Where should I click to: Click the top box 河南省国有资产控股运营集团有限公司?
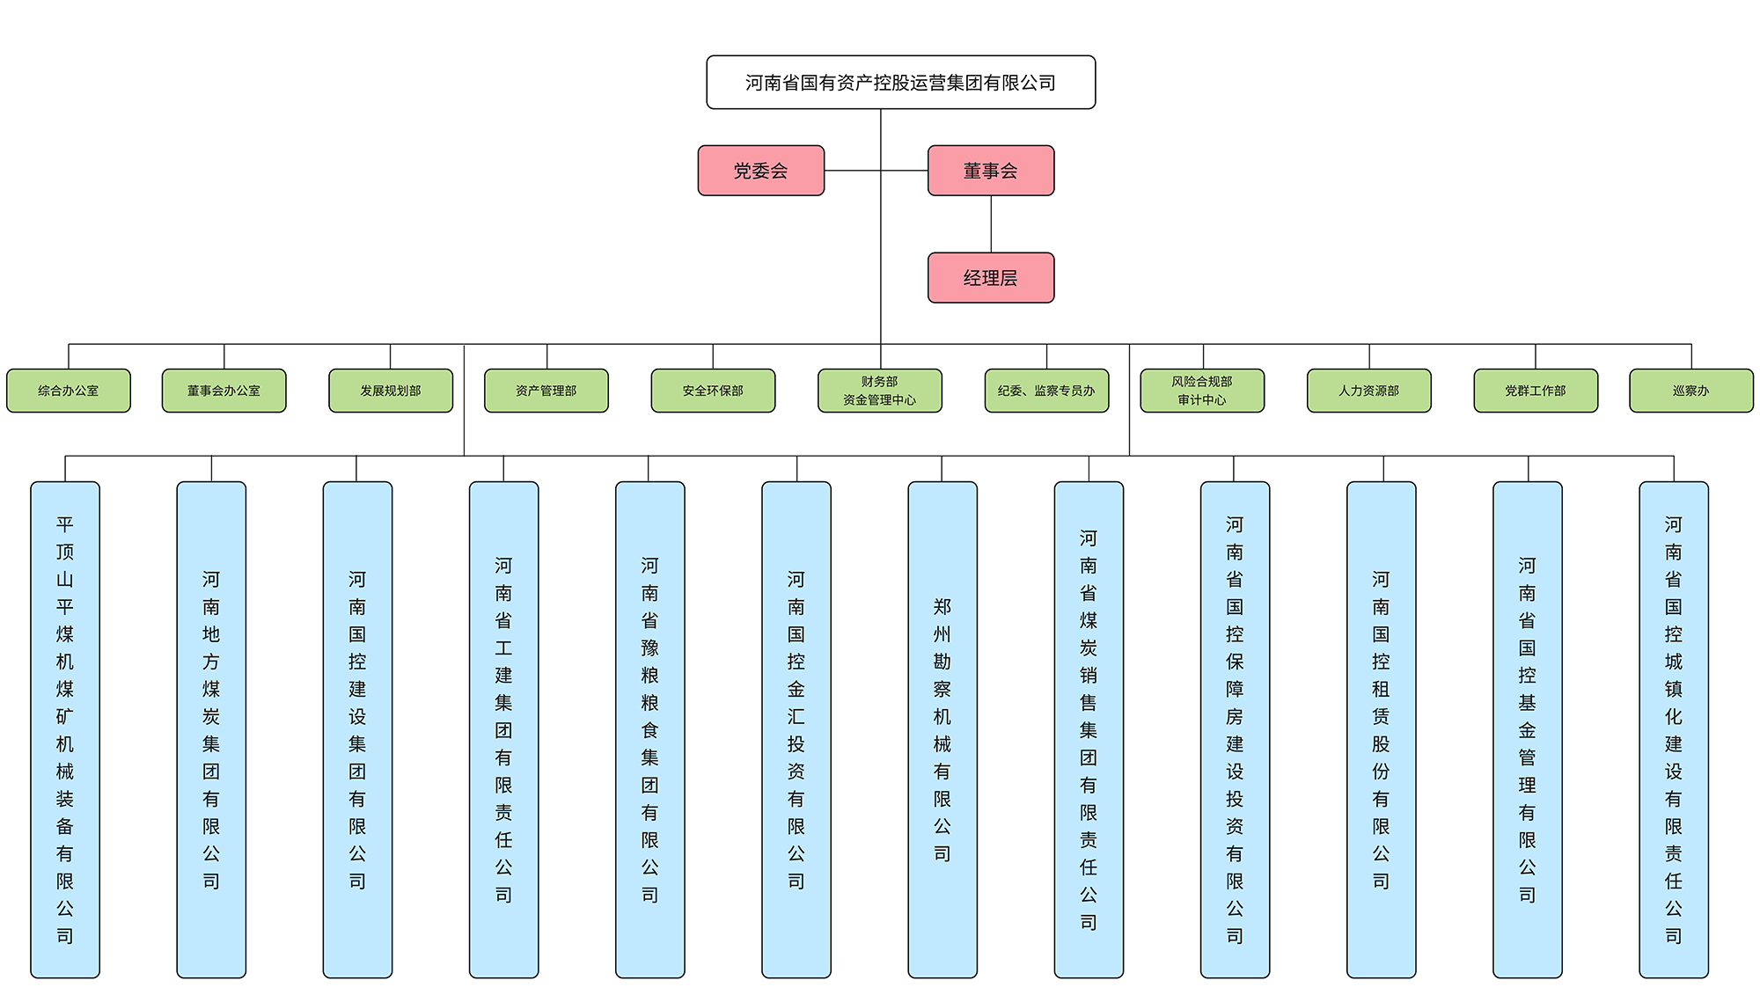coord(900,83)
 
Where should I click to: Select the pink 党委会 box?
coord(761,171)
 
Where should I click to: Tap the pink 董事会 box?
coord(991,171)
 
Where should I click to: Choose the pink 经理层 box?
coord(991,278)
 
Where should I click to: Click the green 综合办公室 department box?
coord(69,391)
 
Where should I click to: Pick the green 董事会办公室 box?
coord(224,391)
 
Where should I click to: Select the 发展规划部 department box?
coord(391,391)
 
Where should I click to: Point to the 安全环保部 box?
coord(713,391)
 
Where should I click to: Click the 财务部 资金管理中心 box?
coord(880,391)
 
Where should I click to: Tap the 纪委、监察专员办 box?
coord(1046,391)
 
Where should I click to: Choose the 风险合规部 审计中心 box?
coord(1202,391)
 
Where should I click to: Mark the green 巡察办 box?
coord(1690,391)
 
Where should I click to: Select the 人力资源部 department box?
coord(1368,391)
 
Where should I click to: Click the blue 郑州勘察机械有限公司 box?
coord(942,729)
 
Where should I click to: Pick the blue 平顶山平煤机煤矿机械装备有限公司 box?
coord(65,729)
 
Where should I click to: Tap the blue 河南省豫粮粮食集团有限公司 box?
coord(649,729)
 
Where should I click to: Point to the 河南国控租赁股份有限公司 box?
coord(1381,729)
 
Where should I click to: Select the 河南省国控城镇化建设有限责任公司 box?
coord(1673,729)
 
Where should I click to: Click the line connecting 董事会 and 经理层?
coord(991,224)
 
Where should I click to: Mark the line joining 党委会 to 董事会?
coord(854,171)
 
